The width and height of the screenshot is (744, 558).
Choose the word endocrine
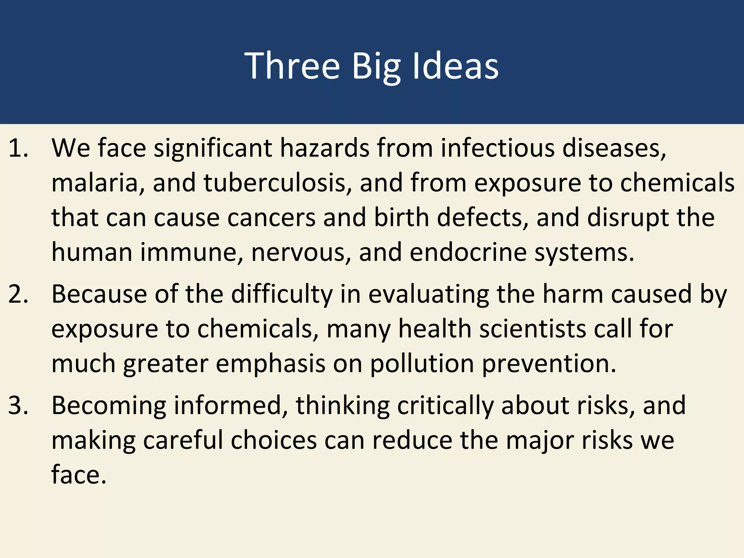pyautogui.click(x=468, y=252)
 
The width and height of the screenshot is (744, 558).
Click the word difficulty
pyautogui.click(x=282, y=294)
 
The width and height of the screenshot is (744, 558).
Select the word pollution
pyautogui.click(x=422, y=364)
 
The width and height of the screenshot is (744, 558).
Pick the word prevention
pyautogui.click(x=549, y=364)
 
